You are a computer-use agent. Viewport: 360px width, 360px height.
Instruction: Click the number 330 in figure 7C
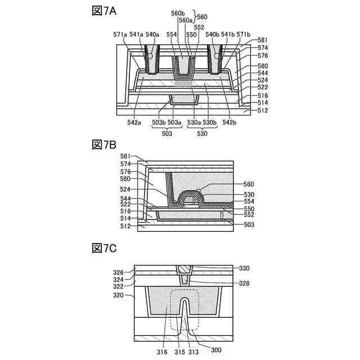(x=243, y=268)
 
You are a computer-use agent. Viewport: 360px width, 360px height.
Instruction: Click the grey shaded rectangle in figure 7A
(x=183, y=83)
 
